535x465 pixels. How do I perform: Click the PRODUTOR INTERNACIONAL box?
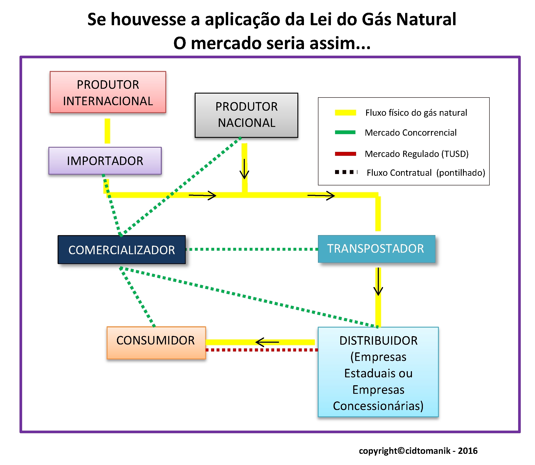pyautogui.click(x=108, y=92)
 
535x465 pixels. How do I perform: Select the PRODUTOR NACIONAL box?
pyautogui.click(x=246, y=115)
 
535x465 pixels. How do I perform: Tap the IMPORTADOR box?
pyautogui.click(x=105, y=161)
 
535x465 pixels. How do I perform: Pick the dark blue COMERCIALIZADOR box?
pyautogui.click(x=122, y=250)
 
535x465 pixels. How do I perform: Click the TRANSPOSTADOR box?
pyautogui.click(x=376, y=249)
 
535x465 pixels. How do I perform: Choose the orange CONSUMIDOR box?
pyautogui.click(x=156, y=343)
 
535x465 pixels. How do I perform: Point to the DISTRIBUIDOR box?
pyautogui.click(x=378, y=372)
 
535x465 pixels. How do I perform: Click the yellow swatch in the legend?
pyautogui.click(x=345, y=113)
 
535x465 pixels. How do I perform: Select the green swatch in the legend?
pyautogui.click(x=345, y=132)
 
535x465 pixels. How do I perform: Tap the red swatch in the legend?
pyautogui.click(x=345, y=154)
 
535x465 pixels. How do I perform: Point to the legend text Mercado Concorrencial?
pyautogui.click(x=411, y=133)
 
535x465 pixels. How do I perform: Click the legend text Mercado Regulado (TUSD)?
pyautogui.click(x=417, y=154)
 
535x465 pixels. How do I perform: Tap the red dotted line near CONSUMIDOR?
pyautogui.click(x=262, y=350)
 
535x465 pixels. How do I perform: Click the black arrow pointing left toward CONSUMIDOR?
pyautogui.click(x=267, y=342)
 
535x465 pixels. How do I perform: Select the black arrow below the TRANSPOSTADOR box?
pyautogui.click(x=378, y=282)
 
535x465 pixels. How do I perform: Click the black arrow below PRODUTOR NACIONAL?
pyautogui.click(x=244, y=169)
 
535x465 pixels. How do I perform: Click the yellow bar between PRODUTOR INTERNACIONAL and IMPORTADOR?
pyautogui.click(x=107, y=131)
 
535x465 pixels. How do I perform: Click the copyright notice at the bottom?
pyautogui.click(x=418, y=451)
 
